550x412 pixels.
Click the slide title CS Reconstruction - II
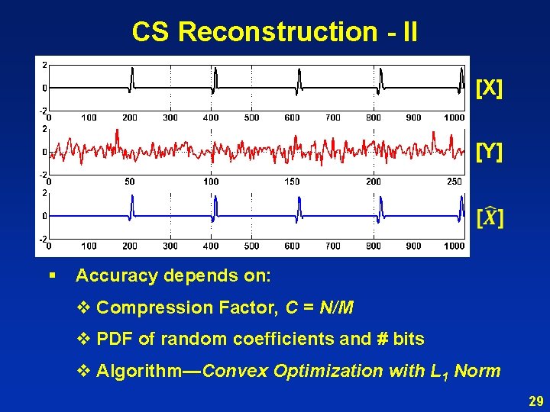[274, 32]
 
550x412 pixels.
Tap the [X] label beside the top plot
[489, 88]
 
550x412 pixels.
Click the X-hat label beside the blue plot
[490, 217]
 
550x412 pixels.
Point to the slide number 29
[534, 401]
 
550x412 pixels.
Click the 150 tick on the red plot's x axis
[292, 182]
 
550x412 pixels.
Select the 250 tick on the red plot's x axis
[454, 182]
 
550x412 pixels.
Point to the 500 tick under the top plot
[251, 118]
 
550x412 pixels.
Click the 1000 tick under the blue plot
[454, 246]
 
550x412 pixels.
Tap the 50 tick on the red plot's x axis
[130, 182]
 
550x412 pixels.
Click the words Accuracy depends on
[173, 275]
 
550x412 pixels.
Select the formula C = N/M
[319, 308]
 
